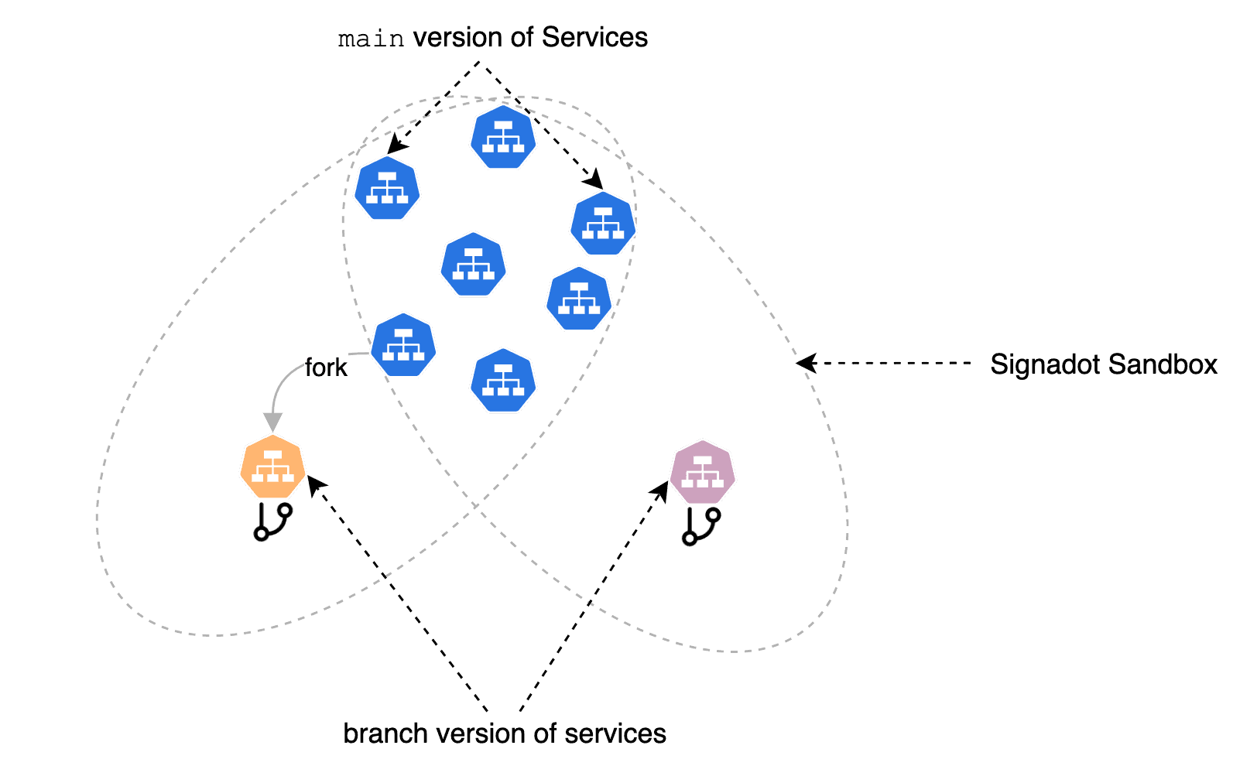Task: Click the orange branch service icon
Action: click(x=272, y=467)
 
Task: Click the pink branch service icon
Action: click(x=702, y=472)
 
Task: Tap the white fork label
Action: click(x=326, y=368)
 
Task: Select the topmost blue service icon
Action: click(x=503, y=138)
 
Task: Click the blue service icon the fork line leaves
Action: click(x=403, y=345)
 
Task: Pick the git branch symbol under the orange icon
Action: click(x=272, y=521)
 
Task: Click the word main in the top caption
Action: click(x=371, y=39)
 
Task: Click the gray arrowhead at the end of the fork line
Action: click(x=272, y=422)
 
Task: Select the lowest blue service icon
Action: click(x=503, y=380)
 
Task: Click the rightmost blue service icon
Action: click(x=603, y=224)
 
